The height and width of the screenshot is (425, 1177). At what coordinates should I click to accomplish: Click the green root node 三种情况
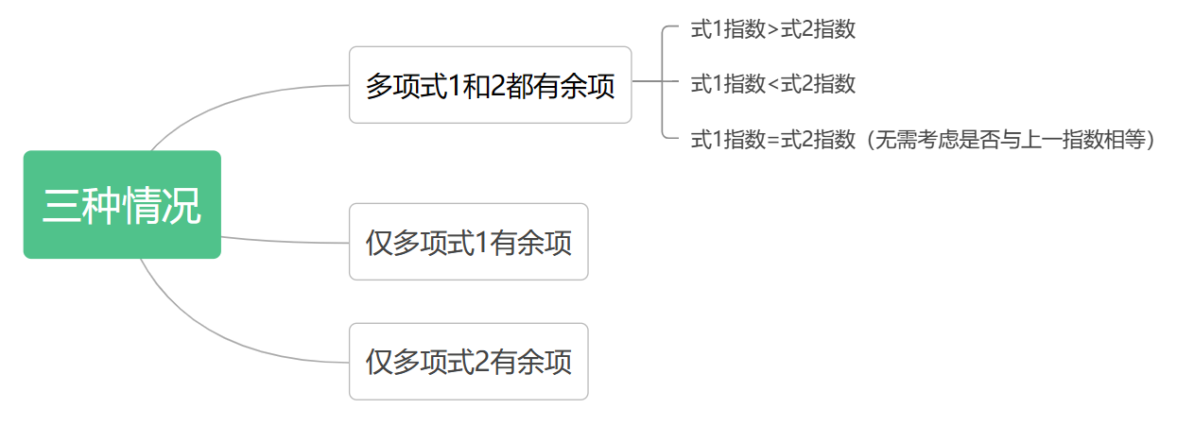click(122, 204)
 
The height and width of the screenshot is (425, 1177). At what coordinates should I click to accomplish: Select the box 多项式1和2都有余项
click(490, 85)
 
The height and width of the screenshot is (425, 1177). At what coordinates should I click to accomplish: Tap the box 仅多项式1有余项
click(469, 242)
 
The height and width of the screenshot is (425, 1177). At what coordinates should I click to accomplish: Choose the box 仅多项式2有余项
click(469, 362)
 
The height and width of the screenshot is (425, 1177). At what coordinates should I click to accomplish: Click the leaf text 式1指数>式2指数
click(772, 29)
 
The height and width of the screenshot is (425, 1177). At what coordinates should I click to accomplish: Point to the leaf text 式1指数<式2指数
click(772, 84)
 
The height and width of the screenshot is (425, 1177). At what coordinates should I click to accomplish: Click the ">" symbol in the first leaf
click(773, 30)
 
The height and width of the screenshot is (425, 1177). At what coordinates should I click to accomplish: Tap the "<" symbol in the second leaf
click(773, 85)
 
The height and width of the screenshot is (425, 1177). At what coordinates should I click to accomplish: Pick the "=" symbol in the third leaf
click(773, 141)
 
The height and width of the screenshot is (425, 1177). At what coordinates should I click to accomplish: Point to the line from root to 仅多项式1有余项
click(284, 241)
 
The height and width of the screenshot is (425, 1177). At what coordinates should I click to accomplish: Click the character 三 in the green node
click(61, 205)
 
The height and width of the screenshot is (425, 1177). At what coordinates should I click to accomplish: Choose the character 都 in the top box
click(519, 86)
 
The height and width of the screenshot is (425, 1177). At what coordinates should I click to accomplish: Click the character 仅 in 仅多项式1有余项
click(379, 243)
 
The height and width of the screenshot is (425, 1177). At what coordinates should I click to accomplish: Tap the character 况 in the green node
click(182, 205)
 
